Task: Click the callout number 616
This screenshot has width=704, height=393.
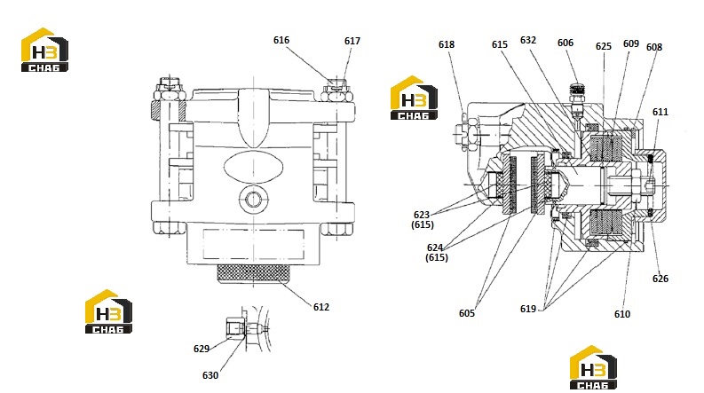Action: [281, 40]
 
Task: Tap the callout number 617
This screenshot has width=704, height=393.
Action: [352, 41]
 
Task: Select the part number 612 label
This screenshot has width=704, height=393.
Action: [321, 307]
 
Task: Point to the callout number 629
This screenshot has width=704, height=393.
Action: [202, 349]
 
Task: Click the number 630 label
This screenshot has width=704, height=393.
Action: [210, 375]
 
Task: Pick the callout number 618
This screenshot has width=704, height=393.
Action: [447, 44]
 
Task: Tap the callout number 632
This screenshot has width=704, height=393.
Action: [528, 40]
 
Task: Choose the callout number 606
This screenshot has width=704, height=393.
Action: [566, 43]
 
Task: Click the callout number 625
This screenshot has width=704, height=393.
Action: [604, 46]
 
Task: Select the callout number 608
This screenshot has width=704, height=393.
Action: [654, 47]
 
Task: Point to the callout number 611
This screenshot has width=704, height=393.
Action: [660, 112]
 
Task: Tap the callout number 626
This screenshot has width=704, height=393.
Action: [660, 279]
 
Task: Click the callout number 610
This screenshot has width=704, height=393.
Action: [622, 314]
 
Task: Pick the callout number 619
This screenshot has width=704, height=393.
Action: [528, 309]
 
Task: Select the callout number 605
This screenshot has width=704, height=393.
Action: [466, 313]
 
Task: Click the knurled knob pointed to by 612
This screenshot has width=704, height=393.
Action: [254, 273]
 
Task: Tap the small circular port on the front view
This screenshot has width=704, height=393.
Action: [253, 199]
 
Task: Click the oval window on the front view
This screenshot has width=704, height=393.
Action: [254, 167]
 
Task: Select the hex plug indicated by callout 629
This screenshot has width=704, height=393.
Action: [235, 326]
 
